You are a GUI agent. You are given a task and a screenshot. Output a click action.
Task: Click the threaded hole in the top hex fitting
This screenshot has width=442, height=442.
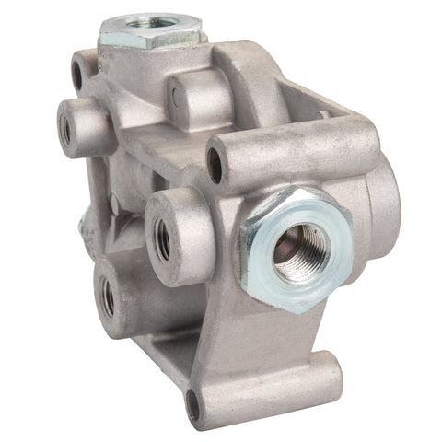pos(150,17)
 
